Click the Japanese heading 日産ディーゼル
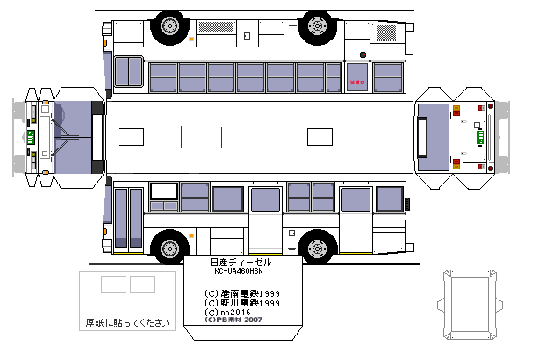(241, 263)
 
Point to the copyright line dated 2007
(233, 320)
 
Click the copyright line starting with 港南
(241, 293)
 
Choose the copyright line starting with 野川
(241, 303)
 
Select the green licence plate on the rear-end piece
(479, 137)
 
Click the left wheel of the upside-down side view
(169, 27)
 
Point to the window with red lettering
(357, 76)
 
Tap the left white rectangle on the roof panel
(131, 137)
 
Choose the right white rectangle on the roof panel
(320, 137)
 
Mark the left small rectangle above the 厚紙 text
(113, 284)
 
